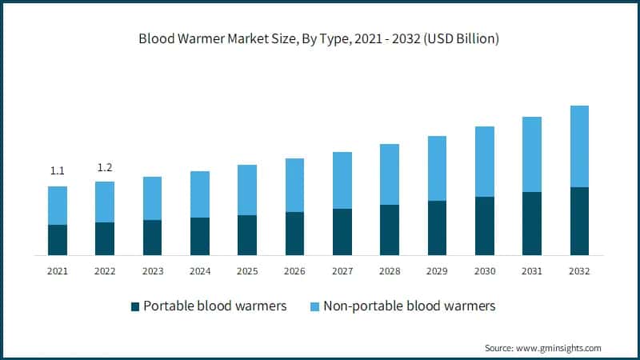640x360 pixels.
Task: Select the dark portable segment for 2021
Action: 58,240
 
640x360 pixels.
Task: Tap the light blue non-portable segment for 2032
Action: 578,146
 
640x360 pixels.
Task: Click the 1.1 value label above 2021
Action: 58,170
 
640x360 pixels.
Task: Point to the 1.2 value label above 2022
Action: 105,167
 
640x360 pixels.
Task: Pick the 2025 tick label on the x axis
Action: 247,271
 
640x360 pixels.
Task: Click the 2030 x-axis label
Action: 484,271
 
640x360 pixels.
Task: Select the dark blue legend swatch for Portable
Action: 135,306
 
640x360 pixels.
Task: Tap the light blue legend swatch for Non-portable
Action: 314,306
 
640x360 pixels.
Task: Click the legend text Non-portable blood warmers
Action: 410,306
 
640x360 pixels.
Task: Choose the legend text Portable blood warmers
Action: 214,306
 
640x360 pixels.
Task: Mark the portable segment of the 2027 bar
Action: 342,232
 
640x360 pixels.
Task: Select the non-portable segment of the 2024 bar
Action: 200,194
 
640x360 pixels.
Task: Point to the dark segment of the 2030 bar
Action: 484,226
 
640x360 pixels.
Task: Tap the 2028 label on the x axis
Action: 390,271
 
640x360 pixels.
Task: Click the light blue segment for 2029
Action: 437,168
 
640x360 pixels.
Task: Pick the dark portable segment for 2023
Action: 152,238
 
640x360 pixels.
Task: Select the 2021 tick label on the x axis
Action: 58,271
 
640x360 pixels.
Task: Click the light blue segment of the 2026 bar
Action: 294,185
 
